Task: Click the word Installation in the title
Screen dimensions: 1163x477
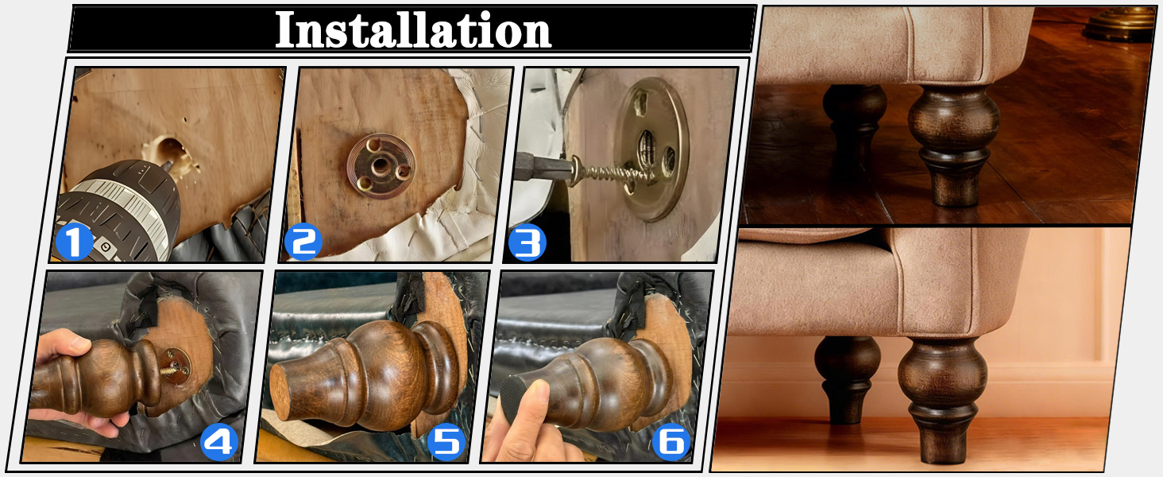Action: coord(413,29)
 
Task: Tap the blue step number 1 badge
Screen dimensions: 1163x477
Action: coord(74,242)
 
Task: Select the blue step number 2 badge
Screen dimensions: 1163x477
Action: coord(303,242)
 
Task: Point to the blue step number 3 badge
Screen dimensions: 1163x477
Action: coord(527,242)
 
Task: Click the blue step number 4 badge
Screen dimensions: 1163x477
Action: coord(219,442)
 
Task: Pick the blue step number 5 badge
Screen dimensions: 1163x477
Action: coord(446,442)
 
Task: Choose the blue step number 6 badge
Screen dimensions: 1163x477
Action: coord(671,442)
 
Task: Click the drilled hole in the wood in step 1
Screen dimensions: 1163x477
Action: coord(168,149)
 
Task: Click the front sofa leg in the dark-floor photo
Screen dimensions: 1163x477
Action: coord(953,145)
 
